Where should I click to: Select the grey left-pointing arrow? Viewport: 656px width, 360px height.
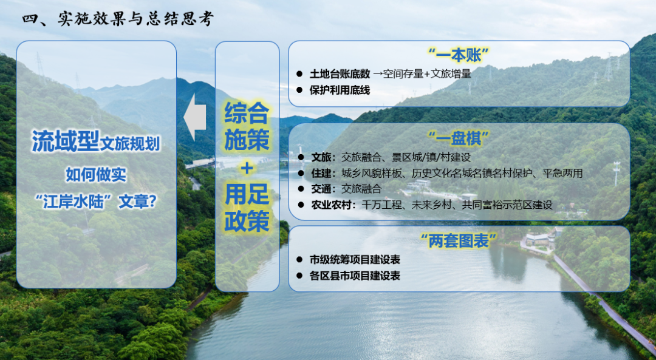click(x=195, y=117)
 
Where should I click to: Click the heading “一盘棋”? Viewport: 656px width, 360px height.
click(x=459, y=138)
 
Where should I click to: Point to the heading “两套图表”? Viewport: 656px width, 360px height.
click(x=459, y=240)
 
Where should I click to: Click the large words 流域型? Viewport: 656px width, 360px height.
click(x=65, y=141)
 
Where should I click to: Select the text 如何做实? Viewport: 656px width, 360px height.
click(x=96, y=174)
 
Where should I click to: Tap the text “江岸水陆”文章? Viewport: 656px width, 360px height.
click(x=96, y=202)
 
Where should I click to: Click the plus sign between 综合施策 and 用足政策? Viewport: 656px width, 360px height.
click(x=247, y=168)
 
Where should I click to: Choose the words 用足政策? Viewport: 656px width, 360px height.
click(x=247, y=208)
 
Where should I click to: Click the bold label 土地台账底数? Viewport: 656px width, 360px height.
click(x=340, y=74)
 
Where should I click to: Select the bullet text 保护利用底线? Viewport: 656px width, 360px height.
click(x=340, y=90)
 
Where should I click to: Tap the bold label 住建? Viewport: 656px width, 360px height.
click(x=321, y=173)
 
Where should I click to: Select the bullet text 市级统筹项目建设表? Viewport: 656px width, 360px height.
click(x=355, y=260)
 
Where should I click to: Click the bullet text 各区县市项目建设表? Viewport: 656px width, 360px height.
click(x=355, y=276)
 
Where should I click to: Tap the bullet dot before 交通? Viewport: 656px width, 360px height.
click(x=300, y=189)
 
